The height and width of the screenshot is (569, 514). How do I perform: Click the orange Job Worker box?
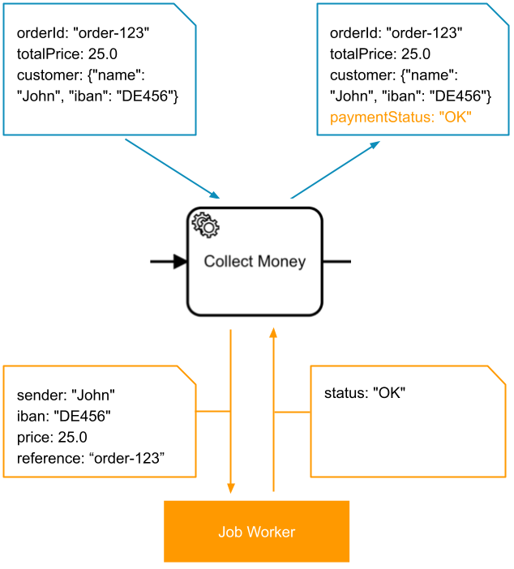(x=256, y=532)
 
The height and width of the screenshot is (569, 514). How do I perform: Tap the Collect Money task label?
(x=255, y=262)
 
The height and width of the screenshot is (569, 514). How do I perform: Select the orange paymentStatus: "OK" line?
(x=400, y=118)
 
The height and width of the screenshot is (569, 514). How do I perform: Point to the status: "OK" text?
(x=364, y=393)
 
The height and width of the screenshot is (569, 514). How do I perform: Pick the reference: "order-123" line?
(x=91, y=459)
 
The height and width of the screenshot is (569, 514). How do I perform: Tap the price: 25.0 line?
(x=52, y=438)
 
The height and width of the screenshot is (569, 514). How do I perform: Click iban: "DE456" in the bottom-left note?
(x=63, y=417)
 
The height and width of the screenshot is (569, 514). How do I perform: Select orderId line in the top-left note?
(x=83, y=33)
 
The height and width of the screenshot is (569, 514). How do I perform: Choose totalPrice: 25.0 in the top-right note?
(x=380, y=54)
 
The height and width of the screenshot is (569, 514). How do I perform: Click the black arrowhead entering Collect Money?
(x=180, y=262)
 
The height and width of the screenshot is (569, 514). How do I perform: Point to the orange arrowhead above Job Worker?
(x=231, y=488)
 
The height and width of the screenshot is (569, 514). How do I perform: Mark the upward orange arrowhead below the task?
(x=274, y=333)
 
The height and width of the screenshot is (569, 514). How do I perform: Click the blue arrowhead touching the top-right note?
(x=375, y=144)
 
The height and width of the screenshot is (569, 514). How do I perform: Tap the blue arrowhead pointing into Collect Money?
(x=215, y=194)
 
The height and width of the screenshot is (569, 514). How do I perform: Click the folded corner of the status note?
(x=497, y=374)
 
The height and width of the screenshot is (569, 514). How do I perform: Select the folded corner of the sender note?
(x=188, y=374)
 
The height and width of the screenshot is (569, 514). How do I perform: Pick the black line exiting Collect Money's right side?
(x=336, y=262)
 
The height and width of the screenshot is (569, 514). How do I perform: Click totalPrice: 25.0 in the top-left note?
(x=67, y=54)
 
